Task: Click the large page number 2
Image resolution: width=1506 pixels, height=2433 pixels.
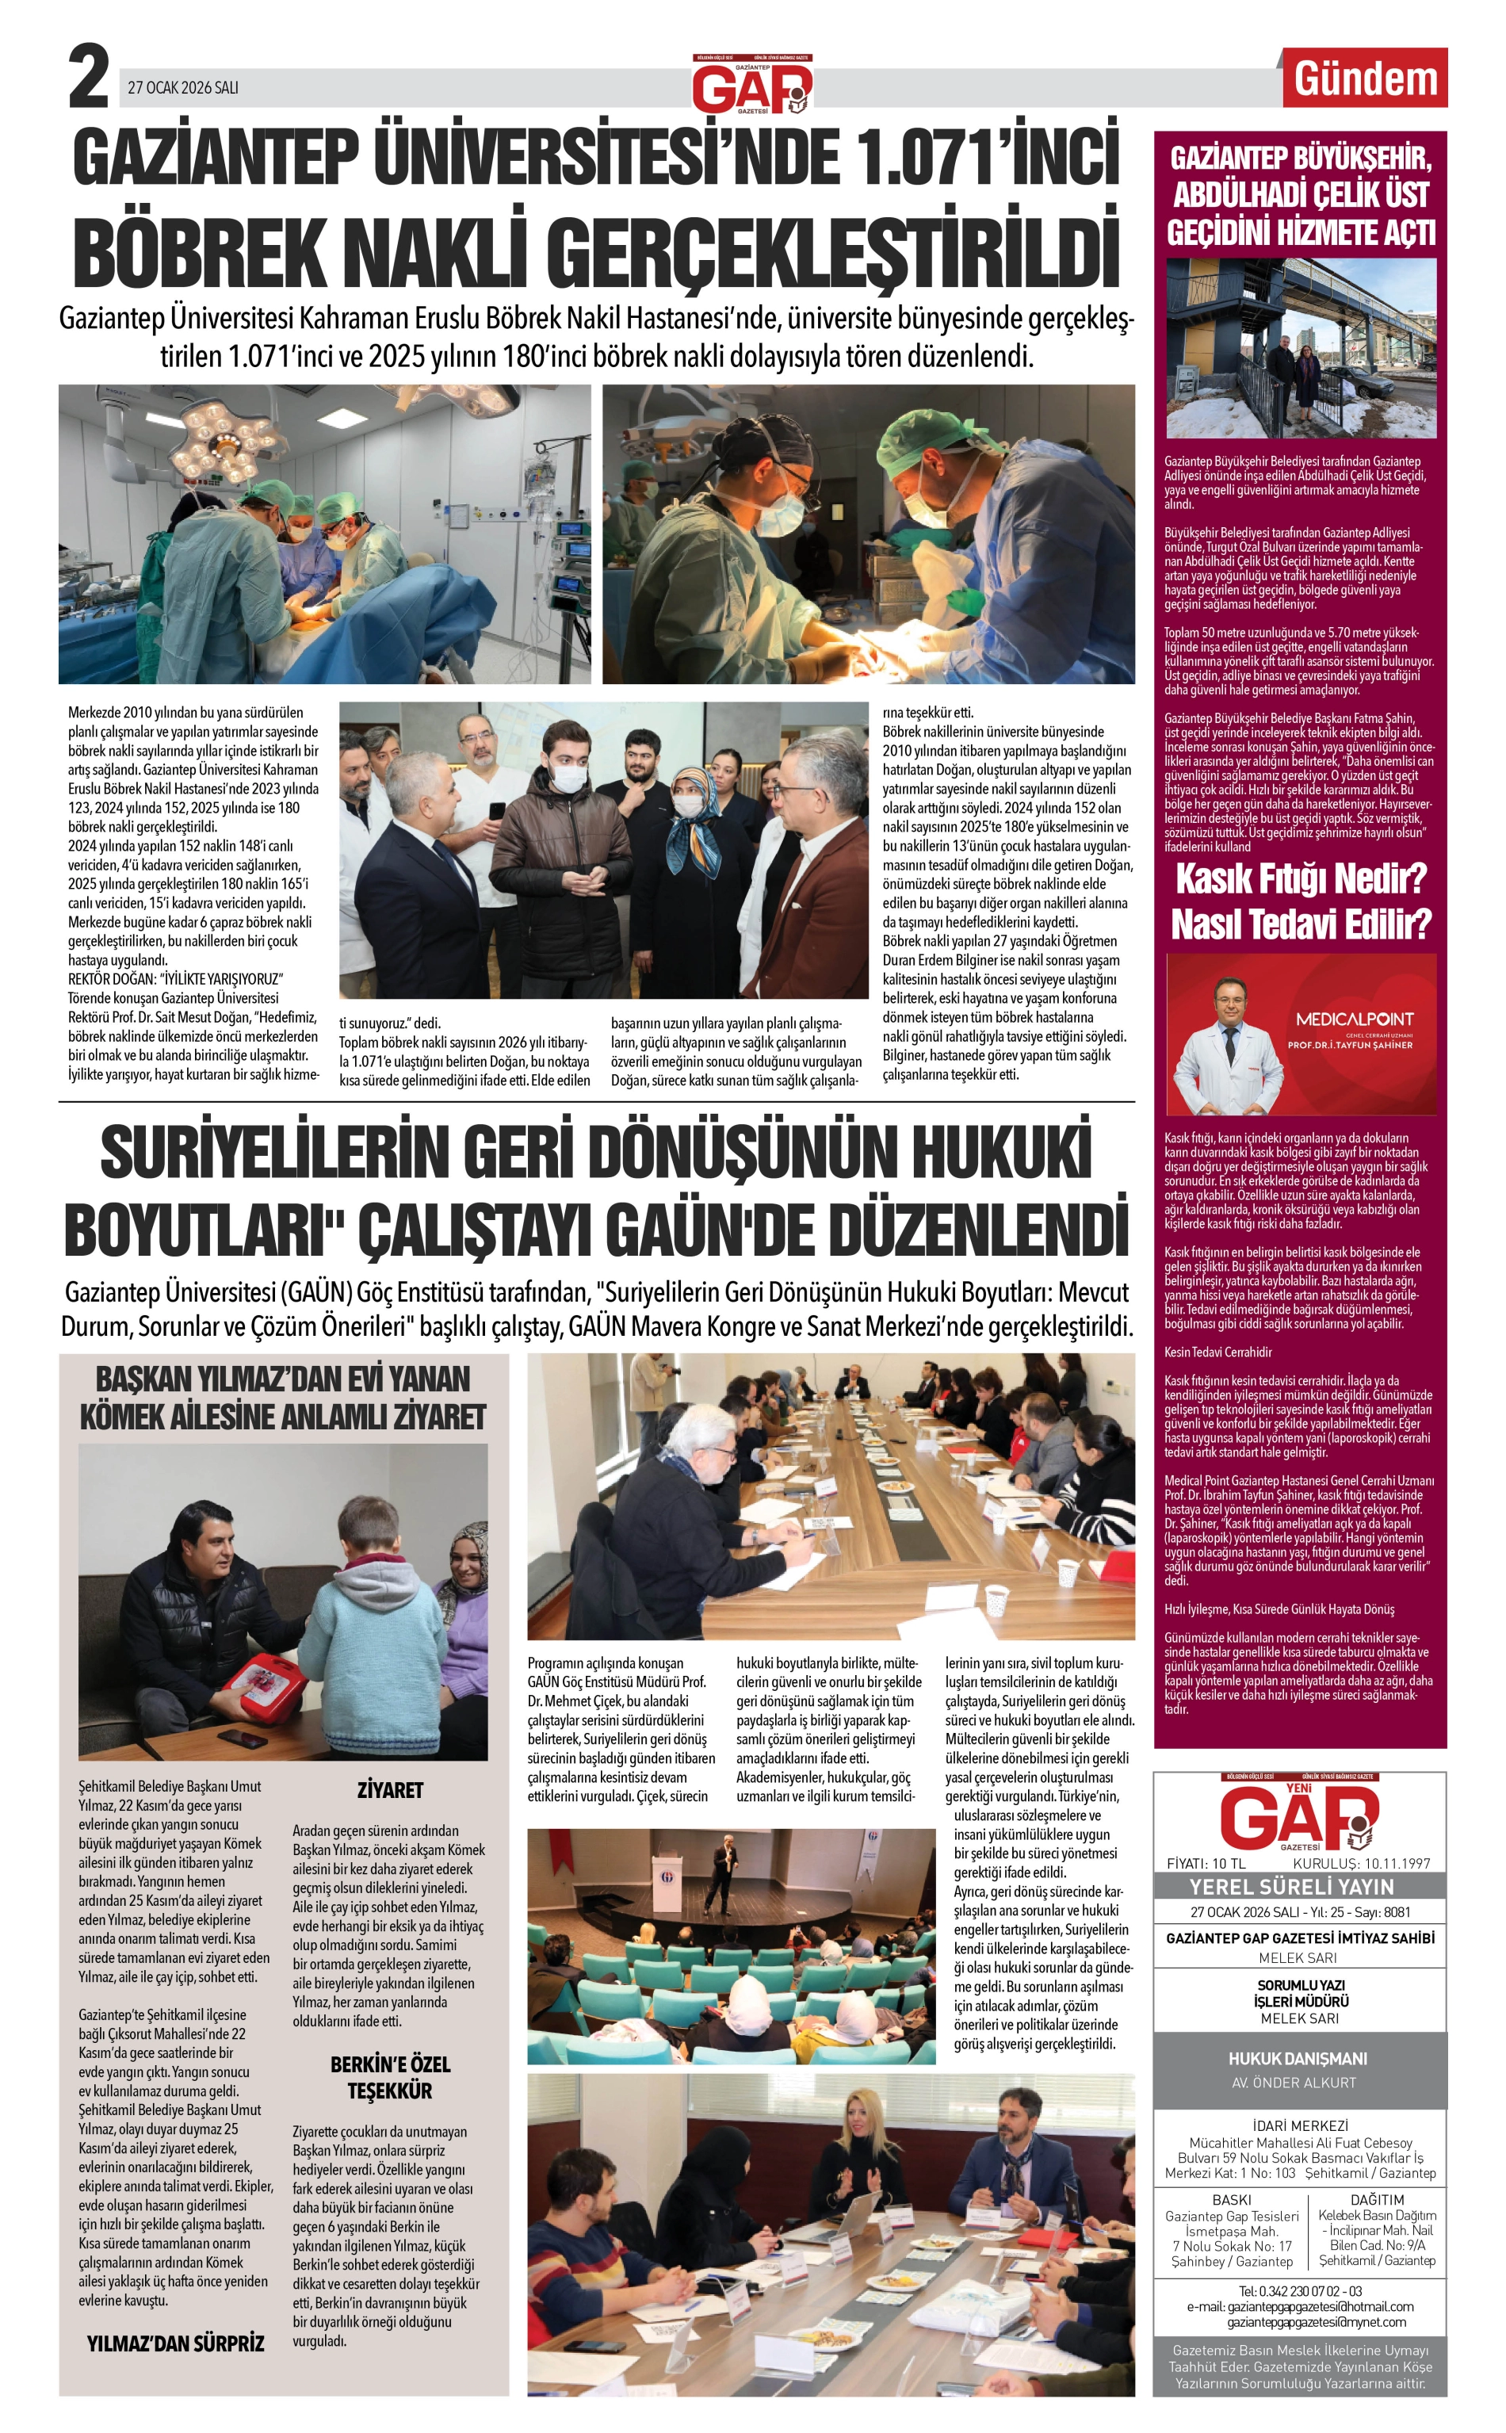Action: click(x=88, y=78)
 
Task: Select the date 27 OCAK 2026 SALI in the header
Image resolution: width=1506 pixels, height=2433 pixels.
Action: click(x=183, y=88)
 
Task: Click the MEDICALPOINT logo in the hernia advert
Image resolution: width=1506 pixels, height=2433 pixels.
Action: click(x=1354, y=1019)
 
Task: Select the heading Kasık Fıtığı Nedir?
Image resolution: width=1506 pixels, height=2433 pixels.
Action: click(x=1301, y=881)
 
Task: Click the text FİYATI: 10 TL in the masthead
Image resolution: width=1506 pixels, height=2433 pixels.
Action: click(x=1206, y=1862)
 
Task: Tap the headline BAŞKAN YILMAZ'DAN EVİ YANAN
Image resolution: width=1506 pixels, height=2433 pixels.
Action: click(x=283, y=1379)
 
